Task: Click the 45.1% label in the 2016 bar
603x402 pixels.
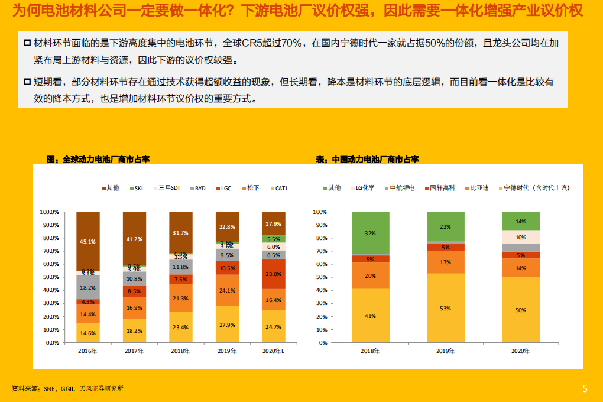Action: pyautogui.click(x=87, y=241)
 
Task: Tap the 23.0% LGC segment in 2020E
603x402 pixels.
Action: pyautogui.click(x=274, y=274)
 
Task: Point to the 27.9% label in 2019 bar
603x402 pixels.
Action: pyautogui.click(x=227, y=325)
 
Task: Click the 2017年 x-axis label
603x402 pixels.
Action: pyautogui.click(x=134, y=351)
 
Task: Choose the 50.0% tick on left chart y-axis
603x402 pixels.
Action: pyautogui.click(x=49, y=277)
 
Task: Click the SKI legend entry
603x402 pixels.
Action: pyautogui.click(x=135, y=188)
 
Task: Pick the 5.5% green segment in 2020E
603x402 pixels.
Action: pyautogui.click(x=274, y=239)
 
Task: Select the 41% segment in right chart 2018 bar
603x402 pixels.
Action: pyautogui.click(x=370, y=316)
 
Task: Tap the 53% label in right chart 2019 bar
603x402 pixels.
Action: pyautogui.click(x=445, y=308)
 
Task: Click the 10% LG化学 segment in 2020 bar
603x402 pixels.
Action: pyautogui.click(x=521, y=237)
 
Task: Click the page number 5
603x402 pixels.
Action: pyautogui.click(x=585, y=388)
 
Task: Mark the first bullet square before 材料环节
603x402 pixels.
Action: pyautogui.click(x=27, y=43)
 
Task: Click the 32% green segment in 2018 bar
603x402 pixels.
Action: pyautogui.click(x=370, y=233)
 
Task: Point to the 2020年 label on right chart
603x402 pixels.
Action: pyautogui.click(x=521, y=351)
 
